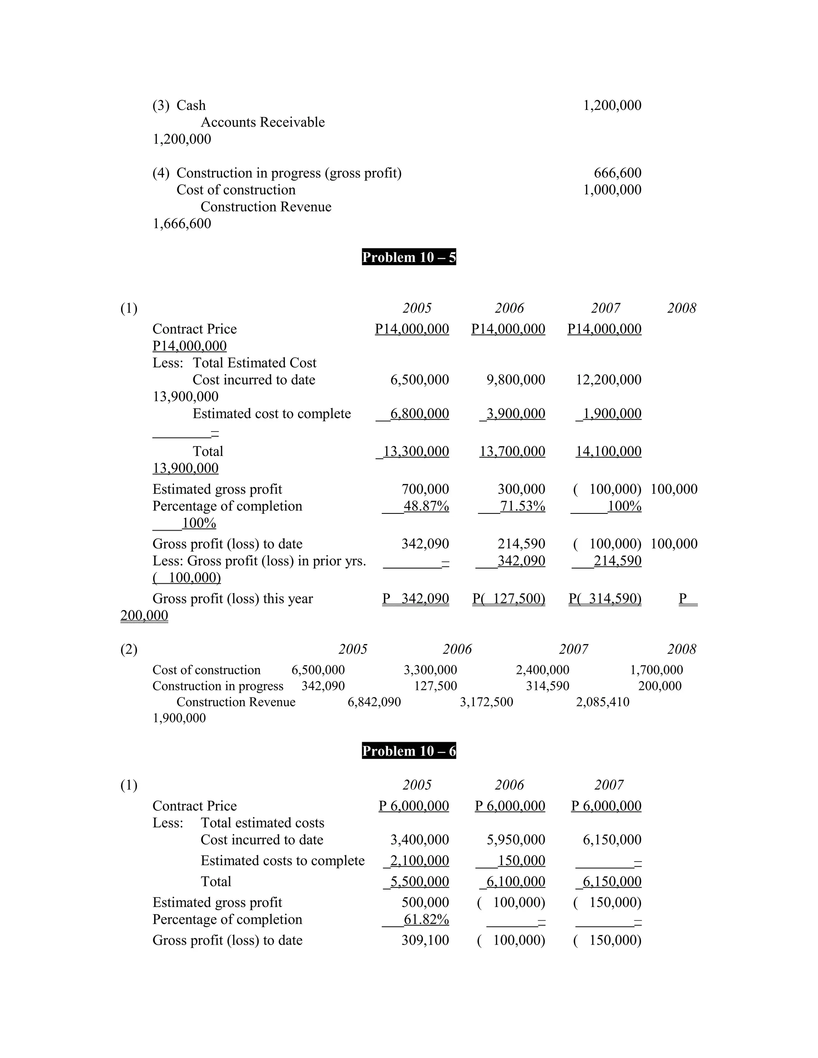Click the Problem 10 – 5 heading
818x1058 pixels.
(409, 257)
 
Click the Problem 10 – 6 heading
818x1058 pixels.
(409, 751)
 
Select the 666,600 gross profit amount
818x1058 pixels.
(617, 173)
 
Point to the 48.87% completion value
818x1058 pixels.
(426, 506)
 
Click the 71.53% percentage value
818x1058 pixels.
(522, 506)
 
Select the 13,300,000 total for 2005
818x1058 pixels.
(416, 452)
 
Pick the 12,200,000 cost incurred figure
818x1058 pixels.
(608, 380)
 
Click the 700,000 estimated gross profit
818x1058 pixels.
(425, 489)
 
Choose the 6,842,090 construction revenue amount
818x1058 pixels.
(374, 702)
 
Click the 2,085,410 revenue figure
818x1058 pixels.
(602, 702)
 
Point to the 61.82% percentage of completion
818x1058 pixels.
(426, 919)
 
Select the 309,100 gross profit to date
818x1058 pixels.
(425, 940)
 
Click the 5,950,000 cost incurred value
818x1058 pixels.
(516, 840)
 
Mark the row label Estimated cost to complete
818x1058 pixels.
(271, 414)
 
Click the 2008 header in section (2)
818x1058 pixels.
(681, 649)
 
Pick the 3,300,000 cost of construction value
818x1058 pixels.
(430, 670)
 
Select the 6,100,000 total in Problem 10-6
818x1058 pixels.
(516, 882)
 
